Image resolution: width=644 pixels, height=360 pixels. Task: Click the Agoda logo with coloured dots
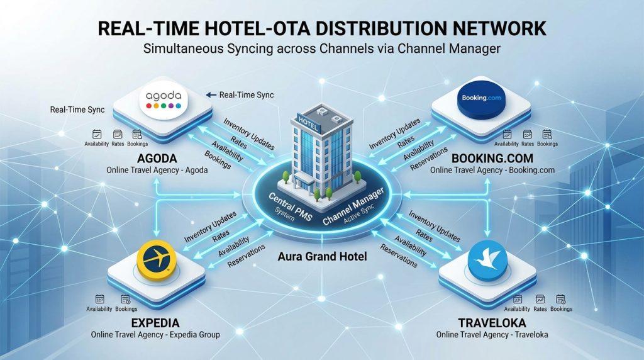164,100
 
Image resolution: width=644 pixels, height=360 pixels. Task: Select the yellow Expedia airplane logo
157,260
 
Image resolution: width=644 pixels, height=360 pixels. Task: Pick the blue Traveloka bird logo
488,261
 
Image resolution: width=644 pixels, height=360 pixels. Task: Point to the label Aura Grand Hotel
323,257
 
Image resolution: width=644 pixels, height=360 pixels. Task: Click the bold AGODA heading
157,158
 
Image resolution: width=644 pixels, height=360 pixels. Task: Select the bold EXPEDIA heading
155,323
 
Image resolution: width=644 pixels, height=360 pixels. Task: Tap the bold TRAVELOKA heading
492,323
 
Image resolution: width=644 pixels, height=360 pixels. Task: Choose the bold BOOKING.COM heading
492,158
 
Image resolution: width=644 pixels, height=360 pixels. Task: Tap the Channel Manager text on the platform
353,206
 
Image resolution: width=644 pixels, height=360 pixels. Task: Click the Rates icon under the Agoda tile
118,135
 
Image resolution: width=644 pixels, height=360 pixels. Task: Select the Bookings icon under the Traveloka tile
560,299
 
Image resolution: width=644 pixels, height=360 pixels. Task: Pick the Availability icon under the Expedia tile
99,299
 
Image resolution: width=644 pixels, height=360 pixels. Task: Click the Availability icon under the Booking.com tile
507,135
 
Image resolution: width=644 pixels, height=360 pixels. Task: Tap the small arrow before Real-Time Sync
211,95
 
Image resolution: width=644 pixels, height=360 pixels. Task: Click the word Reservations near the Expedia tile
247,256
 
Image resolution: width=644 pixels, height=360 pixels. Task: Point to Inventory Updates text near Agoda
249,133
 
